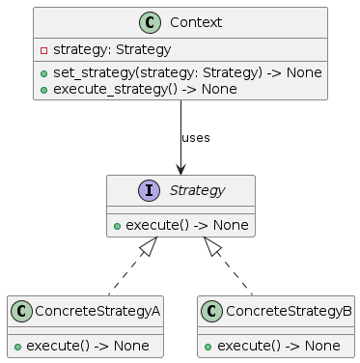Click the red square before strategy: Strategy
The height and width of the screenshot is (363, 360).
coord(44,49)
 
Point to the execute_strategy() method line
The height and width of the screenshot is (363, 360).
coord(144,89)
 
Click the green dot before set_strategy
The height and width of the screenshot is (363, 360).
coord(44,72)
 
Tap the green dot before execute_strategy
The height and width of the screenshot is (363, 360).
coord(44,89)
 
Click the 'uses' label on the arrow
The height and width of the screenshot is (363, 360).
coord(195,138)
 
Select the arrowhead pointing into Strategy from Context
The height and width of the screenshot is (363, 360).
coord(180,169)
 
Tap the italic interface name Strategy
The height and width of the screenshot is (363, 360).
coord(196,191)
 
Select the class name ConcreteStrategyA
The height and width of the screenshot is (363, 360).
coord(97,311)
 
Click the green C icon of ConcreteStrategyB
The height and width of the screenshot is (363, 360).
coord(214,311)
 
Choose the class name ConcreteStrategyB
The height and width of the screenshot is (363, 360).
coord(289,311)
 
